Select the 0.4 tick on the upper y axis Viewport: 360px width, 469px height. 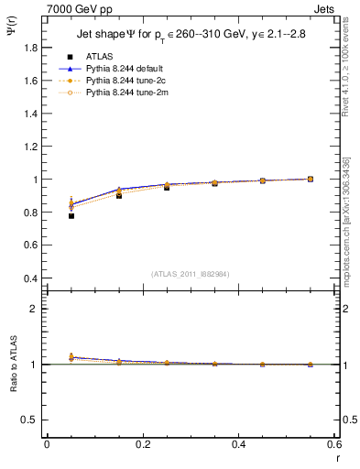(x=31, y=278)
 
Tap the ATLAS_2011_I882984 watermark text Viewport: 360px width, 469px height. (x=190, y=273)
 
